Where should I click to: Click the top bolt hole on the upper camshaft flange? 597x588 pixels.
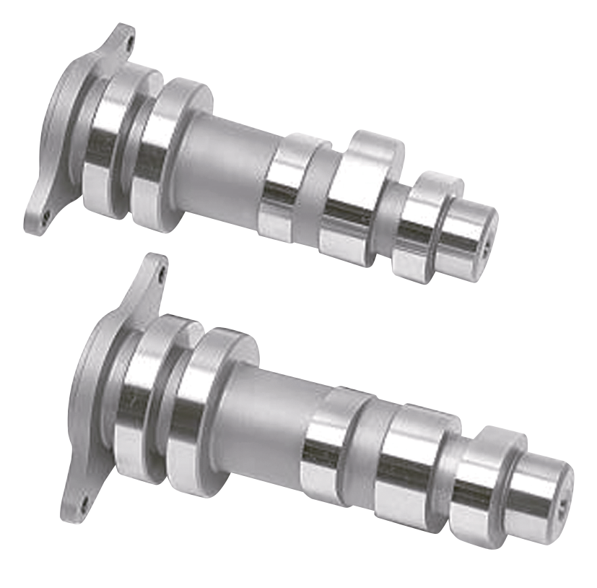pos(130,41)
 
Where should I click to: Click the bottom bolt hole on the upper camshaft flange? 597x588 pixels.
pos(45,215)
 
